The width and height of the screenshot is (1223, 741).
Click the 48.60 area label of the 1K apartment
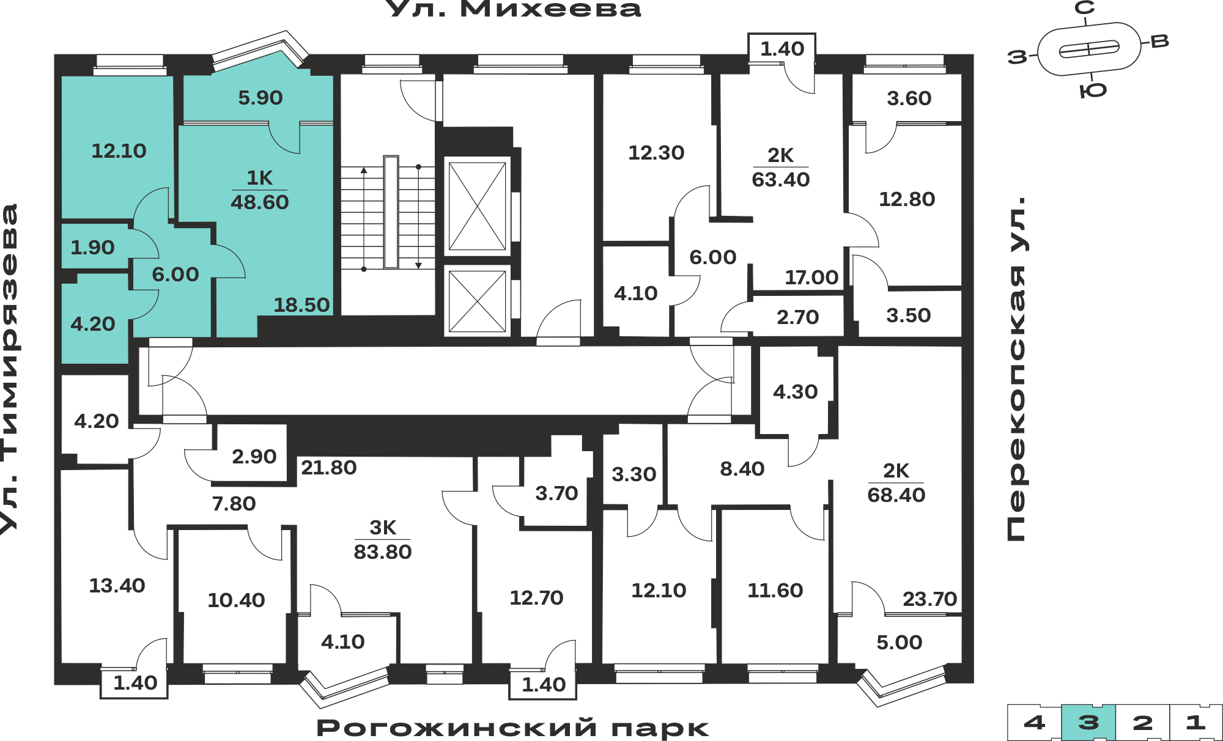tap(259, 202)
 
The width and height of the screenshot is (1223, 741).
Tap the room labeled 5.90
tap(260, 98)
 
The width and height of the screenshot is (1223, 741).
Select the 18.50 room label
tap(301, 304)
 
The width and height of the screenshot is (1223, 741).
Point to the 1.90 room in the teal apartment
tap(92, 248)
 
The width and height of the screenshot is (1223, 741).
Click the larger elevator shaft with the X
tap(477, 206)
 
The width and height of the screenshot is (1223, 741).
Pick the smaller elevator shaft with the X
tap(477, 301)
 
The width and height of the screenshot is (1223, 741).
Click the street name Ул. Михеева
tap(515, 9)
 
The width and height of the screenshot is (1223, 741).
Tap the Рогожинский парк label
tap(512, 728)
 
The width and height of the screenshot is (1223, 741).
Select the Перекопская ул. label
tap(1016, 369)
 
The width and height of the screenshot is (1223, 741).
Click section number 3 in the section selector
tap(1088, 723)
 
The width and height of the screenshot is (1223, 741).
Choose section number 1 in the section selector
tap(1195, 723)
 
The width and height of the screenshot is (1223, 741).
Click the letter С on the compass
tap(1085, 8)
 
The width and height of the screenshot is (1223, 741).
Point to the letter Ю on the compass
tap(1093, 90)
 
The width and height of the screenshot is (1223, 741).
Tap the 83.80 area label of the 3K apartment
tap(383, 552)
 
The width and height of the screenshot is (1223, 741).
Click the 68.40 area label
tap(896, 495)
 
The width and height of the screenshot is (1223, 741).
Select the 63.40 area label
tap(781, 180)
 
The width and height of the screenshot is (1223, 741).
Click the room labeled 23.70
tap(929, 599)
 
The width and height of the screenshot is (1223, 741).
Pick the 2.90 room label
tap(254, 457)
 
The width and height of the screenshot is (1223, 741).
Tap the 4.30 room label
tap(795, 392)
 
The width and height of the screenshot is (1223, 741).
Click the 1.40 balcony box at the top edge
tap(782, 48)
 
